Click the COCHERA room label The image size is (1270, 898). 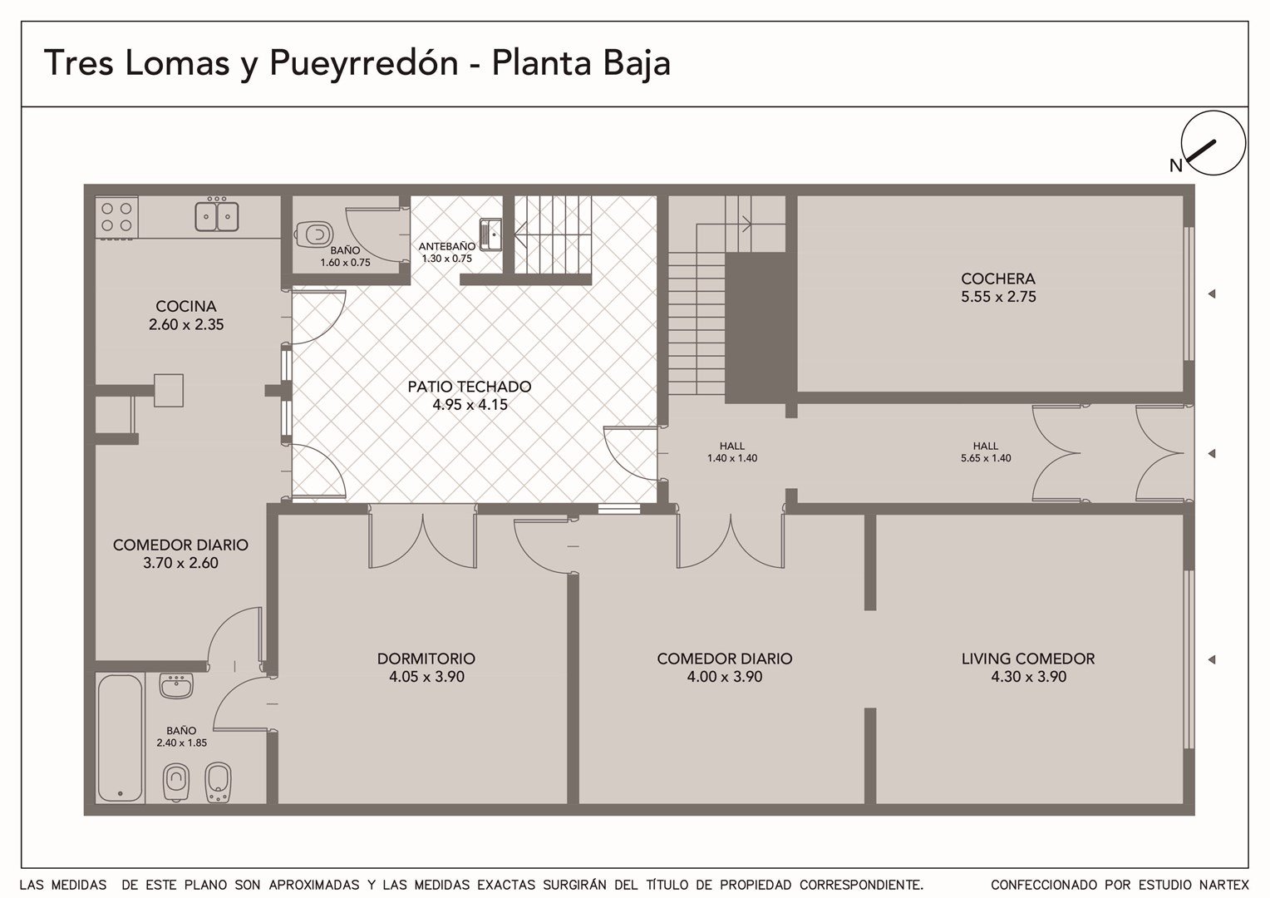coord(998,279)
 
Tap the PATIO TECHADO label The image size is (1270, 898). coord(470,387)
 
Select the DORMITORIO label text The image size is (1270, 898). coord(426,659)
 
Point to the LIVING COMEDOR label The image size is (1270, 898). coord(1028,659)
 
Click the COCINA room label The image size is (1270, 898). coord(186,306)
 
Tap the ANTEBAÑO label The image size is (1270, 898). coord(447,247)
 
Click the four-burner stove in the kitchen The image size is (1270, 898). coord(117,218)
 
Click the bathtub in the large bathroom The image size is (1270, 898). coord(121,738)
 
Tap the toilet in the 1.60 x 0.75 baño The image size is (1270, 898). coord(313,234)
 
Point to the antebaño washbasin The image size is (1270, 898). coord(491,234)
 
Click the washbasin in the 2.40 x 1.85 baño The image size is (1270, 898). coord(176,686)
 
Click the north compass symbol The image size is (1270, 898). coord(1213,143)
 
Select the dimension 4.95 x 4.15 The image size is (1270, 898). coord(470,405)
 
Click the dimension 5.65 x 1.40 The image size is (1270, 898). coord(986,458)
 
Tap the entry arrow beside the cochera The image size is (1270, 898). coord(1212,294)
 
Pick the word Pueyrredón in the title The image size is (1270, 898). coord(363,63)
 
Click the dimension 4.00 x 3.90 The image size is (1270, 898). coord(725,677)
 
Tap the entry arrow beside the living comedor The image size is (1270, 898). coord(1212,659)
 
